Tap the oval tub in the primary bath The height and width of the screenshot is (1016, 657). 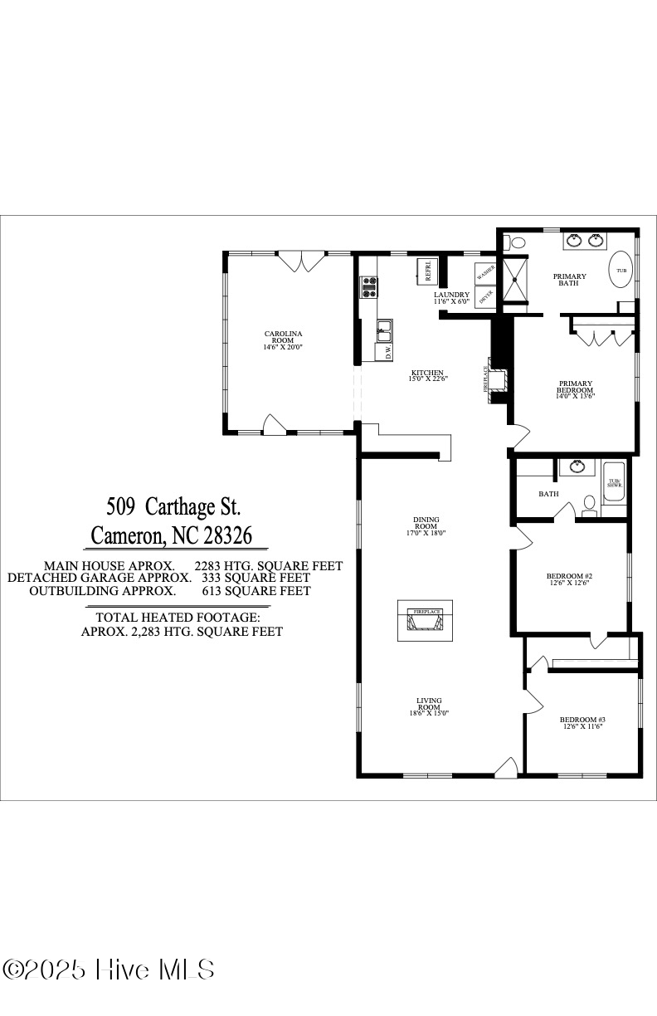point(620,270)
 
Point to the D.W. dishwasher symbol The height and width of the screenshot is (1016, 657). point(387,352)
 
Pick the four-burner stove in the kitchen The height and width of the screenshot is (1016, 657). point(368,287)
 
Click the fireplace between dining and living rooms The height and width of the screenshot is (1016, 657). point(426,620)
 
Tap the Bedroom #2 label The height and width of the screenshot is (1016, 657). point(569,579)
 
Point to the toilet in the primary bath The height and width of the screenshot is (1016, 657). point(518,243)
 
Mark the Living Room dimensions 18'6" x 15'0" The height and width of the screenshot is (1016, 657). point(429,713)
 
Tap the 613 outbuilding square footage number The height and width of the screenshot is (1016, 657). point(214,591)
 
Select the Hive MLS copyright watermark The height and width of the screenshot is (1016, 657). point(109,969)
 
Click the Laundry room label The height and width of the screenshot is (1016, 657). point(451,297)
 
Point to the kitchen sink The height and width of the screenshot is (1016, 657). point(384,332)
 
